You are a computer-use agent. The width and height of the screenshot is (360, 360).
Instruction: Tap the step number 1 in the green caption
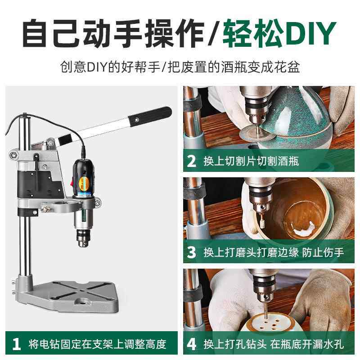coord(17,344)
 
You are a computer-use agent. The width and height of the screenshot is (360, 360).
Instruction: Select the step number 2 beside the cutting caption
coord(192,161)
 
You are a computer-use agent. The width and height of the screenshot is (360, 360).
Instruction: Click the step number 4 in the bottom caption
coord(192,344)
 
